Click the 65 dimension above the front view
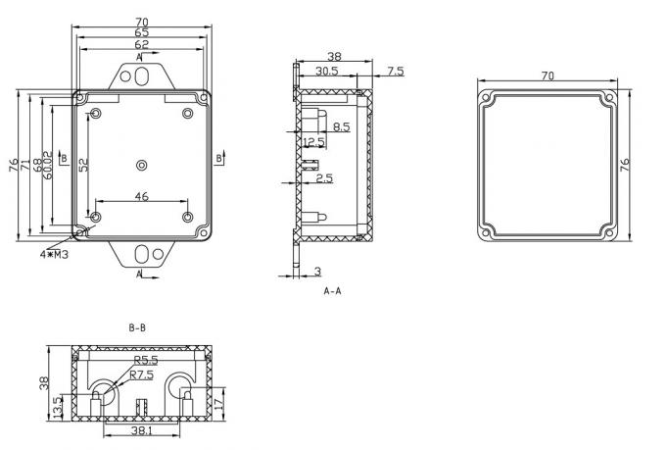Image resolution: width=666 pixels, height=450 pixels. pyautogui.click(x=142, y=31)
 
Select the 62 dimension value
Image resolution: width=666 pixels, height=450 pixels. pyautogui.click(x=142, y=44)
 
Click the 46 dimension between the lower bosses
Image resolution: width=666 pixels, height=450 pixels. pyautogui.click(x=141, y=197)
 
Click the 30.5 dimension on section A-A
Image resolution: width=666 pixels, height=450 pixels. pyautogui.click(x=327, y=72)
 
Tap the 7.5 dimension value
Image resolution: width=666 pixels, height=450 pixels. pyautogui.click(x=395, y=72)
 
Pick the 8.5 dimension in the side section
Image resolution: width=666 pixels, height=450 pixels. pyautogui.click(x=341, y=127)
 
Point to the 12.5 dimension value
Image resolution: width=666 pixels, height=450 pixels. pyautogui.click(x=314, y=143)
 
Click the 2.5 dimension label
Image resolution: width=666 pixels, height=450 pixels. pyautogui.click(x=324, y=178)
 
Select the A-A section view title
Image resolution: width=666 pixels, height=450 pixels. pyautogui.click(x=332, y=291)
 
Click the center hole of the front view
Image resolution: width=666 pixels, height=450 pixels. pyautogui.click(x=142, y=164)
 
